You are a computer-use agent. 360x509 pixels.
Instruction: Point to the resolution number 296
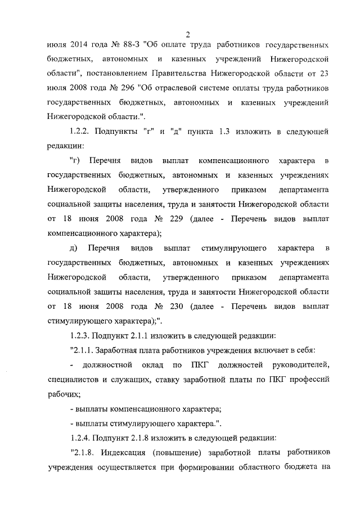tap(125, 88)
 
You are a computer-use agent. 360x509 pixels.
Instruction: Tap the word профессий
tap(308, 380)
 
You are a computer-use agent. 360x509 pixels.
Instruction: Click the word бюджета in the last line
tap(298, 468)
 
